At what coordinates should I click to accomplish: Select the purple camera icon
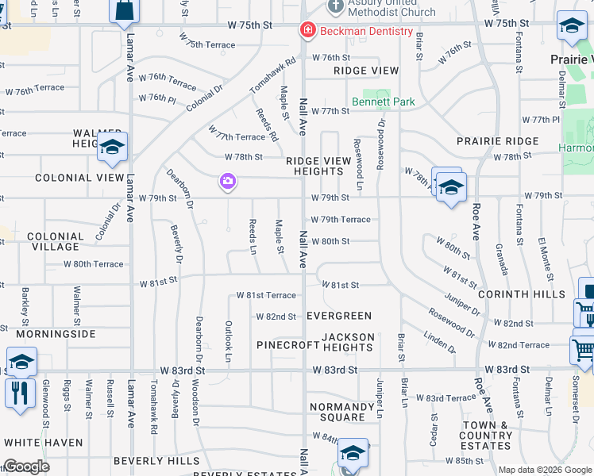coord(228,182)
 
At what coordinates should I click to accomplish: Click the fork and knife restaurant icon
coord(20,393)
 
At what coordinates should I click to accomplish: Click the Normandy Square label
coord(342,412)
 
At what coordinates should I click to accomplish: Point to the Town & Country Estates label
coord(486,436)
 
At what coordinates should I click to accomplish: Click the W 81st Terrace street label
coord(266,295)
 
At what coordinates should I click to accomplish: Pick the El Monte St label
coord(546,259)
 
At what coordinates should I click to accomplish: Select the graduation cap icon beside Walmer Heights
coord(112,148)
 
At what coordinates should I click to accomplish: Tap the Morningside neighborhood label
coord(49,333)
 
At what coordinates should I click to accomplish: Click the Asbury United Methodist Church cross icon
coord(335,6)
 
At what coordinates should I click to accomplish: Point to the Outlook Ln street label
coord(228,342)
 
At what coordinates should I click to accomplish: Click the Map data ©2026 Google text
coord(544,470)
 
